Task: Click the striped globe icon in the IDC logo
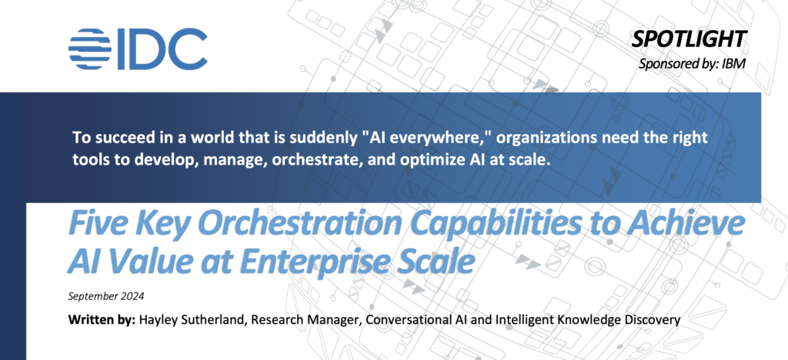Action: (90, 48)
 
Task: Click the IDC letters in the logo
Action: (162, 48)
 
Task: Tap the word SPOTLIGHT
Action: (689, 39)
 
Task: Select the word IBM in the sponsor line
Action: (737, 65)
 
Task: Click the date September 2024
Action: (106, 296)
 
